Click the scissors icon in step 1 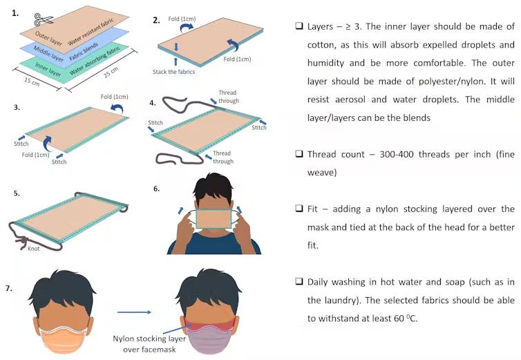tap(43, 19)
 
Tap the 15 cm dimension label tap(32, 82)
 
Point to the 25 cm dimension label tap(111, 72)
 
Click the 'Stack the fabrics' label tap(173, 71)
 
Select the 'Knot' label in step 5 tap(34, 248)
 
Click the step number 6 tap(156, 189)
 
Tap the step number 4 tap(152, 103)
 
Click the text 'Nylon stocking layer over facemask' tap(149, 343)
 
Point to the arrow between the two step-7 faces tap(134, 312)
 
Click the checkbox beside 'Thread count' tap(299, 153)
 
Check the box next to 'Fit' tap(299, 208)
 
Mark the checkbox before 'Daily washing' tap(299, 281)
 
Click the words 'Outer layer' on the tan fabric tap(48, 38)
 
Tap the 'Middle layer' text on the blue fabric tap(48, 53)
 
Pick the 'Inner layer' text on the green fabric tap(48, 70)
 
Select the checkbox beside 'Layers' tap(299, 26)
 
